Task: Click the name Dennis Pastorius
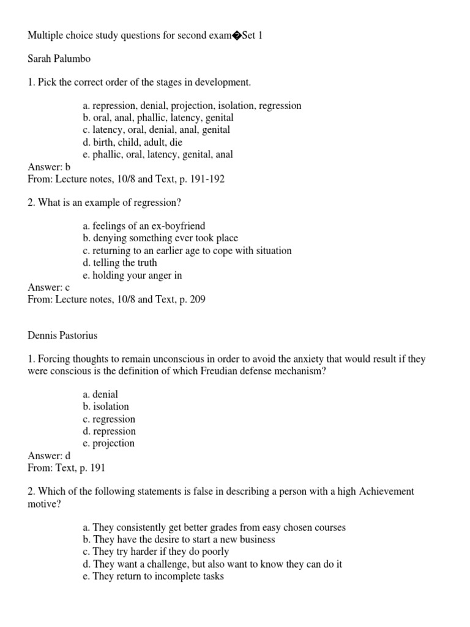point(62,336)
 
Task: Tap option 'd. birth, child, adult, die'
point(133,142)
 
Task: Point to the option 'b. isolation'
point(106,407)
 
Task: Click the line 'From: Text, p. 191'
point(67,468)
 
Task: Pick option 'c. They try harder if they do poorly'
point(156,552)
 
